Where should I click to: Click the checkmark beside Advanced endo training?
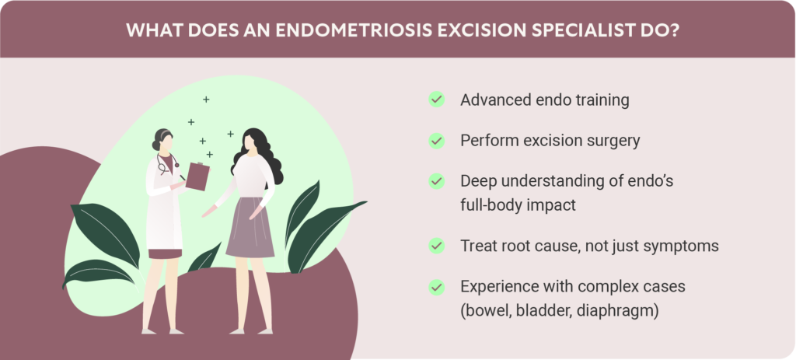436,100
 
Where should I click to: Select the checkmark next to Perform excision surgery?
436,141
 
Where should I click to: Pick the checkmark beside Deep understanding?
436,181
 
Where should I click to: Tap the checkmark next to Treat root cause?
436,246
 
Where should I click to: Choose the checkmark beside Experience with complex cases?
436,288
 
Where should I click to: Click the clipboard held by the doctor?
197,177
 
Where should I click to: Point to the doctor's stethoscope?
166,163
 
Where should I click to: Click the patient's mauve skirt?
250,228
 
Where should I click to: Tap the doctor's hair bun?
155,145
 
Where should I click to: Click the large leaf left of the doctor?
106,234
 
